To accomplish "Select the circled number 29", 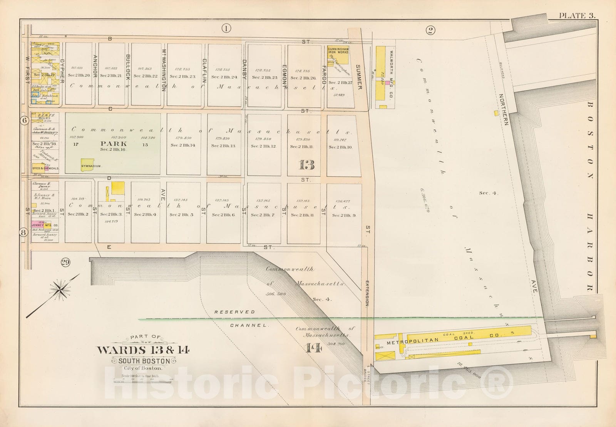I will click(65, 263).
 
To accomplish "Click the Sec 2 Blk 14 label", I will click(183, 146).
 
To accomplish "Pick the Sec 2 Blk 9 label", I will click(344, 216).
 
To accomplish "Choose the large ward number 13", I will click(306, 165).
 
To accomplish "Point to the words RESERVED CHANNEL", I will click(240, 318).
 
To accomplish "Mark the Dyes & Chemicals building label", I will click(45, 168).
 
